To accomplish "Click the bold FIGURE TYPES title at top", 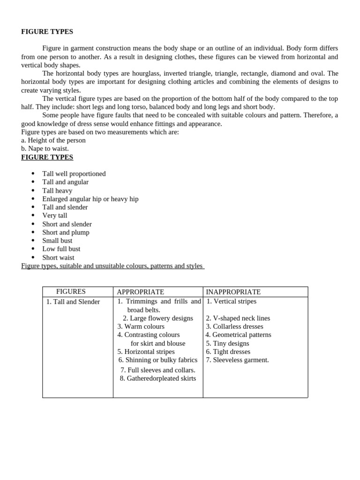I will tap(47, 32).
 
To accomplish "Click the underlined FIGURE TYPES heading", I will tap(47, 157).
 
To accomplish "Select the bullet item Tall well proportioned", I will tap(74, 174).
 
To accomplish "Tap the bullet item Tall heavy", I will tap(57, 191).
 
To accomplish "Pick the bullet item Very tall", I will tap(55, 216).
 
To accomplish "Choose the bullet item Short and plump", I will tap(66, 232).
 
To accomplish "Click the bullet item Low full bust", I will tap(61, 249).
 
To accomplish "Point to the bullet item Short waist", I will tap(58, 257).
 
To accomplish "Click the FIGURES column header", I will tap(71, 292).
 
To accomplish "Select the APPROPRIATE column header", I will tap(140, 292).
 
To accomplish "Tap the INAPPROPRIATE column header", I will tap(233, 292).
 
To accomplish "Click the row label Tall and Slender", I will tap(73, 302).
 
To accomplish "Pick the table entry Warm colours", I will tap(141, 326).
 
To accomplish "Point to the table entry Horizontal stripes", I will tap(146, 352).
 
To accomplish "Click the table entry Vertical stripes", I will tap(232, 301).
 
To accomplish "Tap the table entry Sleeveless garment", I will tap(237, 360).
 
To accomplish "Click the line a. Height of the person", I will tap(53, 140).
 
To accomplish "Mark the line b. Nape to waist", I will tap(45, 149).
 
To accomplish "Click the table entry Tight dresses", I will tap(228, 352).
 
